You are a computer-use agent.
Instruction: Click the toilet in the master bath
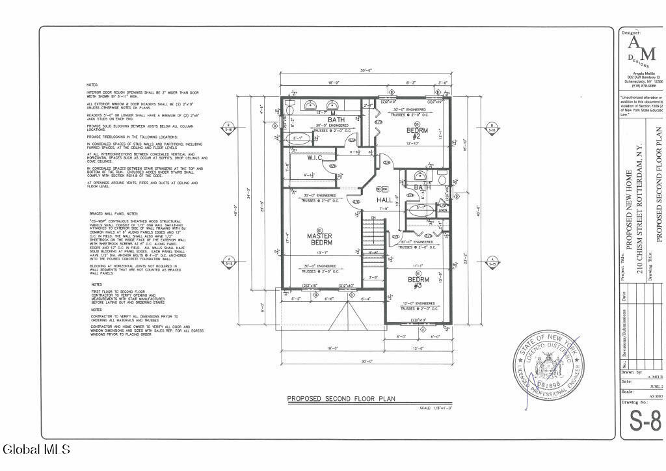click(290, 105)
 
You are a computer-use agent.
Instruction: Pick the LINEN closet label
click(443, 209)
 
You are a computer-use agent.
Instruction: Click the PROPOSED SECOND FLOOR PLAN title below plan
click(341, 399)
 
